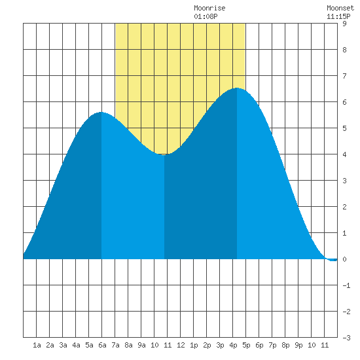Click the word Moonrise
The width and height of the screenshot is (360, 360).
point(209,8)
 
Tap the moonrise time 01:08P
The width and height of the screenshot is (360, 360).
point(206,16)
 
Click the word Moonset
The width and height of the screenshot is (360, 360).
point(340,8)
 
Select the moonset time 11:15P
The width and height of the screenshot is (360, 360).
point(338,16)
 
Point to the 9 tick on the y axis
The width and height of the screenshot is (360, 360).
point(344,24)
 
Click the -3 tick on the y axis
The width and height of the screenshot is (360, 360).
point(346,338)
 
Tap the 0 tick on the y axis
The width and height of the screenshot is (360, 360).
point(344,259)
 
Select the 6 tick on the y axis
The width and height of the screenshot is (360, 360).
point(344,102)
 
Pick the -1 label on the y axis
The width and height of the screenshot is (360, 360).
point(346,285)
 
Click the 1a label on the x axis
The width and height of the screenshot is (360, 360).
point(37,345)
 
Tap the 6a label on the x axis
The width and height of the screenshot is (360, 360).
point(102,345)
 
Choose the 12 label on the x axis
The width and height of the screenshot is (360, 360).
point(181,345)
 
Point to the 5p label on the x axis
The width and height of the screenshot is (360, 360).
point(246,345)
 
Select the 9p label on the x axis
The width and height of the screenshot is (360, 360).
point(298,345)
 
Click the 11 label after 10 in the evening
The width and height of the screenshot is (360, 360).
point(325,345)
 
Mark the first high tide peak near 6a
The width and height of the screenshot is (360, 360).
point(101,113)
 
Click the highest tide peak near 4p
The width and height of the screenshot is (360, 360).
point(237,88)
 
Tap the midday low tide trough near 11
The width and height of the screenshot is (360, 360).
point(164,154)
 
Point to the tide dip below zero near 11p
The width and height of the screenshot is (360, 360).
point(333,260)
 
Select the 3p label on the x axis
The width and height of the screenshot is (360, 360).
point(220,345)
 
